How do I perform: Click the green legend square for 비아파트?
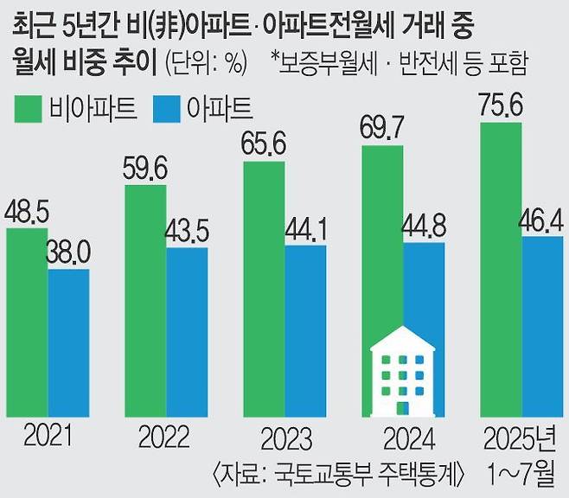pyautogui.click(x=28, y=108)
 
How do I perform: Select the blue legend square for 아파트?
pyautogui.click(x=165, y=108)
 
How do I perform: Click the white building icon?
pyautogui.click(x=403, y=373)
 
